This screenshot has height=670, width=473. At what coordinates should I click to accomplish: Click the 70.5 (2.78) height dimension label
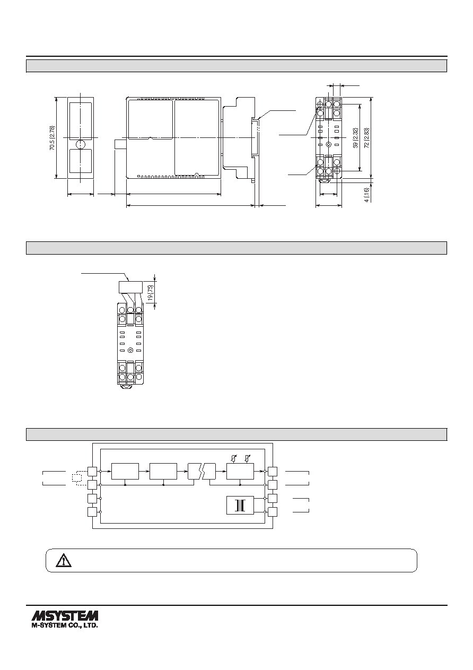pyautogui.click(x=52, y=137)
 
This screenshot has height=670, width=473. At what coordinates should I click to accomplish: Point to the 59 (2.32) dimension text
pyautogui.click(x=355, y=137)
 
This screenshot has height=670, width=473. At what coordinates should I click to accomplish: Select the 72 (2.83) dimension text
pyautogui.click(x=367, y=137)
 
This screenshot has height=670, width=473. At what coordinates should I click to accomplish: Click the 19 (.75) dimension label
pyautogui.click(x=151, y=293)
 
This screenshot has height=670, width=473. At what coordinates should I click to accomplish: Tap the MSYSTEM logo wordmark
pyautogui.click(x=65, y=616)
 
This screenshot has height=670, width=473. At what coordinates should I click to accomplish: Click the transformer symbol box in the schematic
pyautogui.click(x=240, y=505)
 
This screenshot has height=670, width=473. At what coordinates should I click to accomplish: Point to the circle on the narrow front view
pyautogui.click(x=81, y=144)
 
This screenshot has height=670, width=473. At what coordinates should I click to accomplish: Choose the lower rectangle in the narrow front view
pyautogui.click(x=81, y=161)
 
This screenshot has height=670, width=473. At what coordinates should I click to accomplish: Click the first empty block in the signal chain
pyautogui.click(x=125, y=471)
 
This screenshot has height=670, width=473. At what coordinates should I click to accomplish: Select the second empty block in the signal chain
pyautogui.click(x=163, y=471)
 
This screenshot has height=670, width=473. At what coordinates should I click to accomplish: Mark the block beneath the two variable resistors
pyautogui.click(x=240, y=471)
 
